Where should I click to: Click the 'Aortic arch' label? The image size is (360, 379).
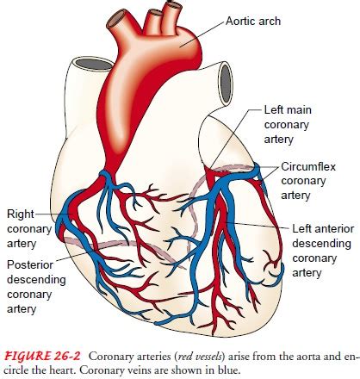pos(253,22)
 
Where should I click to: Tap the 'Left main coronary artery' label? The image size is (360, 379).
pos(288,125)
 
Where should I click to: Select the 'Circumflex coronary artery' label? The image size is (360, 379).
pos(308,181)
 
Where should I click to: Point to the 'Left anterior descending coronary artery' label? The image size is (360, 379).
pos(323,251)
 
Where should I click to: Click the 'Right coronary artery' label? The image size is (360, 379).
pos(29,228)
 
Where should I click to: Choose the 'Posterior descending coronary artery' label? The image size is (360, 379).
pos(36,287)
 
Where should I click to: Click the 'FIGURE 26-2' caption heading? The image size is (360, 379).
pos(43,357)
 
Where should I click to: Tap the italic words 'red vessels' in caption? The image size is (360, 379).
pos(201,357)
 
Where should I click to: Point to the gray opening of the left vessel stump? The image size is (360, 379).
pos(95,64)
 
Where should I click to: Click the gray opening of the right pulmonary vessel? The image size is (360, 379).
pos(226,83)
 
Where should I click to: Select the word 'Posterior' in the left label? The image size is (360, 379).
pos(30,264)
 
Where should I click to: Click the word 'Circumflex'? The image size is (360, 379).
pos(308,166)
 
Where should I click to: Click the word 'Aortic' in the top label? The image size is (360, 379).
pos(239,22)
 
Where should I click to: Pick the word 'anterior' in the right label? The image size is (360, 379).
pos(334,229)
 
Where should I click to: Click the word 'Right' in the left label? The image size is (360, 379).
pos(21,214)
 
